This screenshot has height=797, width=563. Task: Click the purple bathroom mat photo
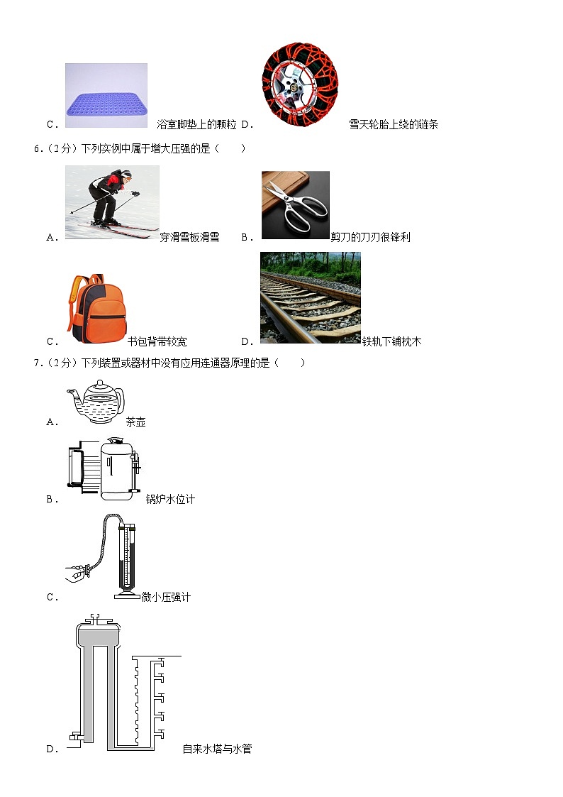tap(106, 96)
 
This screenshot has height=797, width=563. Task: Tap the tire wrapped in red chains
tap(300, 84)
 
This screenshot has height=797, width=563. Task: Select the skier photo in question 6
tap(112, 202)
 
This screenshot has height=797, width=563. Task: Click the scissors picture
tap(296, 205)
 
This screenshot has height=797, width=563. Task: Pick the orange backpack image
tap(97, 309)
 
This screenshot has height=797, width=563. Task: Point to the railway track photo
tap(310, 298)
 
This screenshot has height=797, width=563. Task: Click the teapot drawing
tap(96, 402)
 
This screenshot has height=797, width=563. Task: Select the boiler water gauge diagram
tap(104, 468)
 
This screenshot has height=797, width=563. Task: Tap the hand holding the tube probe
tap(78, 573)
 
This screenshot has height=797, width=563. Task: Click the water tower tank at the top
tap(99, 632)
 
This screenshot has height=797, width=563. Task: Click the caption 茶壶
tap(135, 422)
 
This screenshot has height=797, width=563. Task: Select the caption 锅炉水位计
tap(170, 499)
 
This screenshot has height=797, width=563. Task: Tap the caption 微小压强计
tap(166, 598)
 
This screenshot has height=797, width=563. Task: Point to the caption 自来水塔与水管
tap(217, 749)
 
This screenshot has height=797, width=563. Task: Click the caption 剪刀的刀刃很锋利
tap(370, 237)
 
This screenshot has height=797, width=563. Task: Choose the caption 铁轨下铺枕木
tap(391, 341)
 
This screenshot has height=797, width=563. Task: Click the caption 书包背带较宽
tap(157, 341)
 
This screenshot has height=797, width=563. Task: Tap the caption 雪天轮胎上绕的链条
tap(394, 124)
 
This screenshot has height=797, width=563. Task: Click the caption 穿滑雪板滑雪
tap(189, 237)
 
